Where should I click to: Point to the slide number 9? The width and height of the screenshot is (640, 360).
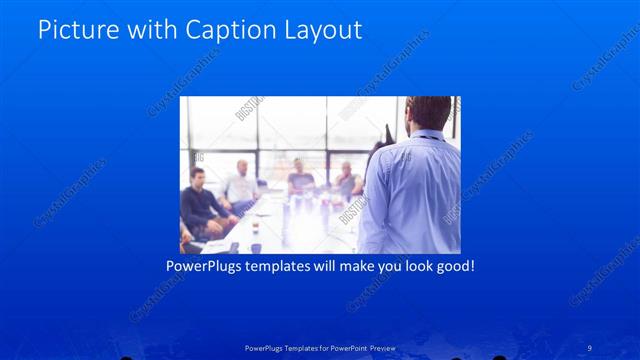[x=590, y=347]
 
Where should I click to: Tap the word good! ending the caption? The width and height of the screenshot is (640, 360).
[x=451, y=267]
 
